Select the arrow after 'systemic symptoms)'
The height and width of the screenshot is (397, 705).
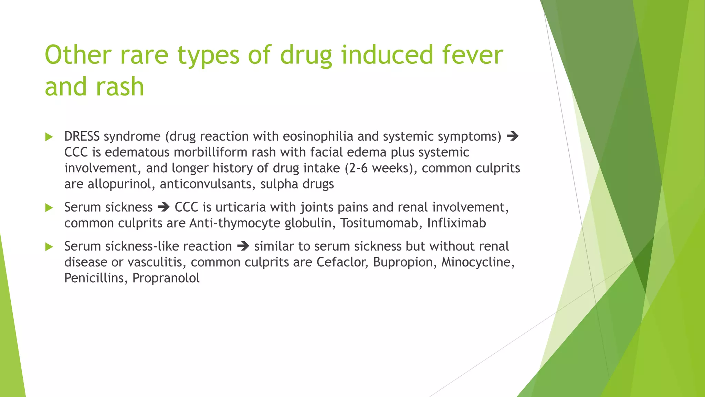click(x=513, y=136)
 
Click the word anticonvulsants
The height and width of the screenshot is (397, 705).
click(x=207, y=184)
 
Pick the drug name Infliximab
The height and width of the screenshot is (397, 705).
click(x=456, y=223)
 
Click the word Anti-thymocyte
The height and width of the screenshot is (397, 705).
click(x=235, y=223)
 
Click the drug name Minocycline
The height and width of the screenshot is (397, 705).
click(x=477, y=262)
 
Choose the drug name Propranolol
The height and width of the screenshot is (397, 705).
click(x=166, y=278)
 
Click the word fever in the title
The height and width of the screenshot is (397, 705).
click(x=472, y=55)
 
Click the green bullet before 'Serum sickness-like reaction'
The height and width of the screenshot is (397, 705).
click(x=49, y=247)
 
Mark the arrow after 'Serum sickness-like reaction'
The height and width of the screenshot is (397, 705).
click(x=243, y=246)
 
